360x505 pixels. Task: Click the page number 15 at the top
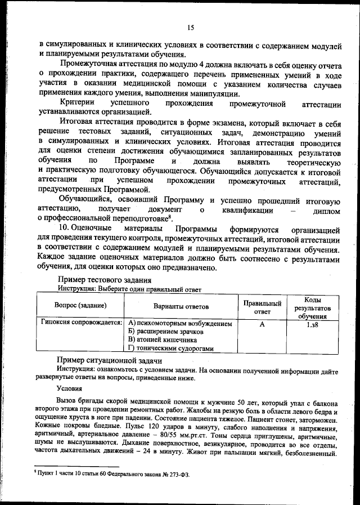[190, 28]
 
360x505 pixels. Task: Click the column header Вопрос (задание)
[80, 306]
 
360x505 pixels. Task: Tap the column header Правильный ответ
[262, 306]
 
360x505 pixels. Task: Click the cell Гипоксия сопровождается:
[82, 324]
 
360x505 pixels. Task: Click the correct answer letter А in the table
[262, 324]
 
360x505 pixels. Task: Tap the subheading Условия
[69, 388]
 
